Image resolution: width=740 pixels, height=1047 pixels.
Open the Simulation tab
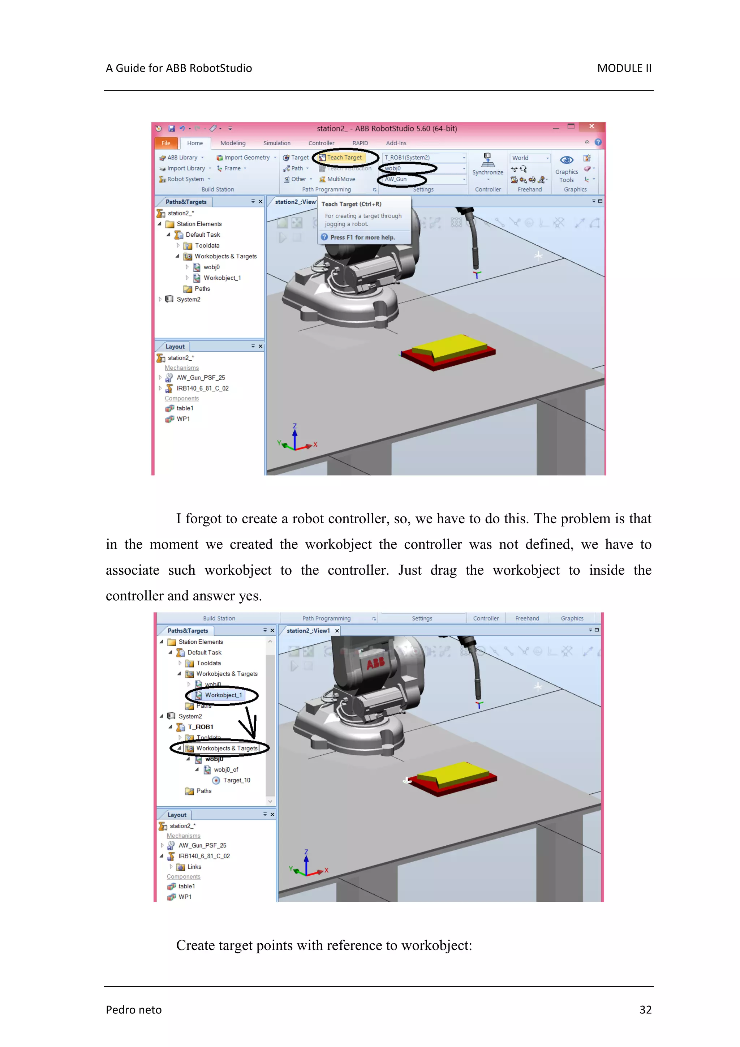(x=277, y=143)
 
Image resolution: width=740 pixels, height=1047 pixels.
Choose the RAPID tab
(x=360, y=143)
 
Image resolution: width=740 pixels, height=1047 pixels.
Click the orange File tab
(x=165, y=143)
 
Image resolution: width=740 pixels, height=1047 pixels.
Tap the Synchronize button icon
(x=487, y=160)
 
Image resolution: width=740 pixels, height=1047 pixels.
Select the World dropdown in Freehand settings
(x=530, y=158)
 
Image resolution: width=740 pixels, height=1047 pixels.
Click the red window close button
(x=591, y=126)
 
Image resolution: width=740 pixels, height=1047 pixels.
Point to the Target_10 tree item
(x=236, y=780)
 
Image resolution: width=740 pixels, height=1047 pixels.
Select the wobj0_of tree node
(x=226, y=770)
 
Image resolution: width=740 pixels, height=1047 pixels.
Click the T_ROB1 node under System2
(x=200, y=727)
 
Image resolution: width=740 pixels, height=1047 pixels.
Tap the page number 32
(x=645, y=1010)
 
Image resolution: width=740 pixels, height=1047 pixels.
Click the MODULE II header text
(x=624, y=68)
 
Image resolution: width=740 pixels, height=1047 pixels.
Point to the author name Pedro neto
(x=134, y=1010)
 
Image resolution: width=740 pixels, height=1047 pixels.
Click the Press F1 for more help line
(x=362, y=237)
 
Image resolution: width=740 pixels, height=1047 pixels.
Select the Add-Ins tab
(x=396, y=143)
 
